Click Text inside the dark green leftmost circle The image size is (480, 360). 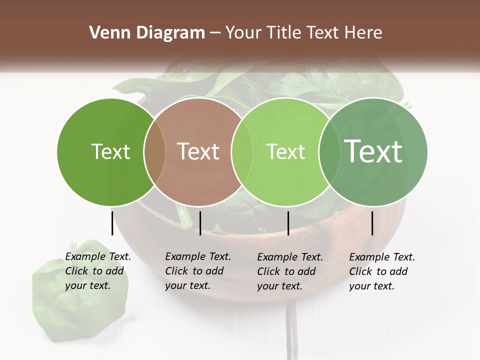pyautogui.click(x=110, y=151)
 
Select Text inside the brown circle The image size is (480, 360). pyautogui.click(x=198, y=151)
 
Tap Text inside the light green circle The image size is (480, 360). pyautogui.click(x=285, y=151)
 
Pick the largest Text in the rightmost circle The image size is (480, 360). pyautogui.click(x=373, y=151)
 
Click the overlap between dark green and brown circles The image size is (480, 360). pyautogui.click(x=154, y=152)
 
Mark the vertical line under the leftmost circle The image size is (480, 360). pyautogui.click(x=112, y=223)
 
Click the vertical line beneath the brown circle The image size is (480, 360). pyautogui.click(x=200, y=223)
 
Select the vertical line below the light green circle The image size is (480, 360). pyautogui.click(x=288, y=223)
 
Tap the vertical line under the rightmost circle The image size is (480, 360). pyautogui.click(x=372, y=223)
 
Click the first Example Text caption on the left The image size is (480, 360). pyautogui.click(x=97, y=271)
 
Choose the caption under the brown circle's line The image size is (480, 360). pyautogui.click(x=197, y=271)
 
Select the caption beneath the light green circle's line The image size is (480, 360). pyautogui.click(x=289, y=271)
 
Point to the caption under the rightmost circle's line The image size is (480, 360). pyautogui.click(x=381, y=271)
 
